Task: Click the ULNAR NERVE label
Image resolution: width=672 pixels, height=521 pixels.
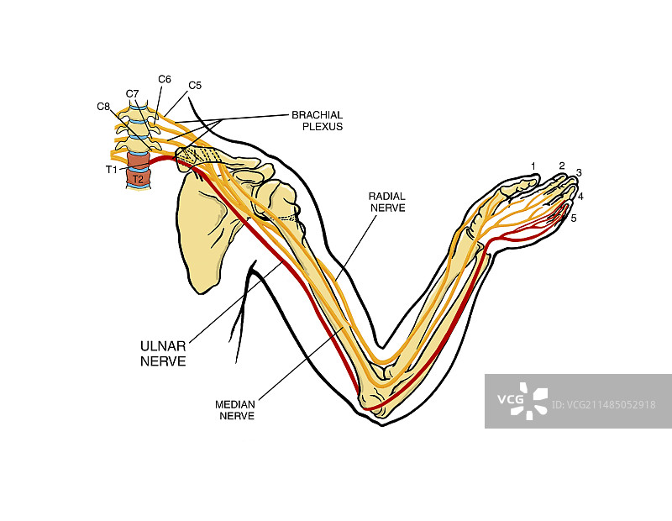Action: coord(162,354)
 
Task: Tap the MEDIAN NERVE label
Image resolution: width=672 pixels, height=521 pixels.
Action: coord(234,409)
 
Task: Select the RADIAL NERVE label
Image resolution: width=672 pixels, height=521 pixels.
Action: coord(386,201)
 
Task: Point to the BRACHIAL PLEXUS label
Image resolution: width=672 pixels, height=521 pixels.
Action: coord(318,120)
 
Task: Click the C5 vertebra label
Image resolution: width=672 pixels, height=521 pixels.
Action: coord(195,85)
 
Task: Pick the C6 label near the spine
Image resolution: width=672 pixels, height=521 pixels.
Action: coord(165,80)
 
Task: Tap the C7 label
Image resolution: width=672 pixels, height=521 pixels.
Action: coord(132,93)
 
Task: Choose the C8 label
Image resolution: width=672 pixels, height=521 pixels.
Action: coord(103,107)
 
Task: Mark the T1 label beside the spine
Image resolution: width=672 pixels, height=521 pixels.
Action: coord(112,169)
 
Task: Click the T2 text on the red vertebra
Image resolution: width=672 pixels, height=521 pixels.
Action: coord(139,179)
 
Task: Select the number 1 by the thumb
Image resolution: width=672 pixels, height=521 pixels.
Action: coord(533,165)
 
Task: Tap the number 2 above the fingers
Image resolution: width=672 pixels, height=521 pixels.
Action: coord(562,166)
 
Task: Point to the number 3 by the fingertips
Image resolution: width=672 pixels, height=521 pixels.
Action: coord(579,172)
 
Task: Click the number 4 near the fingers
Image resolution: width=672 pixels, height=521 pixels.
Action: coord(580,197)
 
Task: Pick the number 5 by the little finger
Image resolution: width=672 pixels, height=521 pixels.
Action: coord(574,218)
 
